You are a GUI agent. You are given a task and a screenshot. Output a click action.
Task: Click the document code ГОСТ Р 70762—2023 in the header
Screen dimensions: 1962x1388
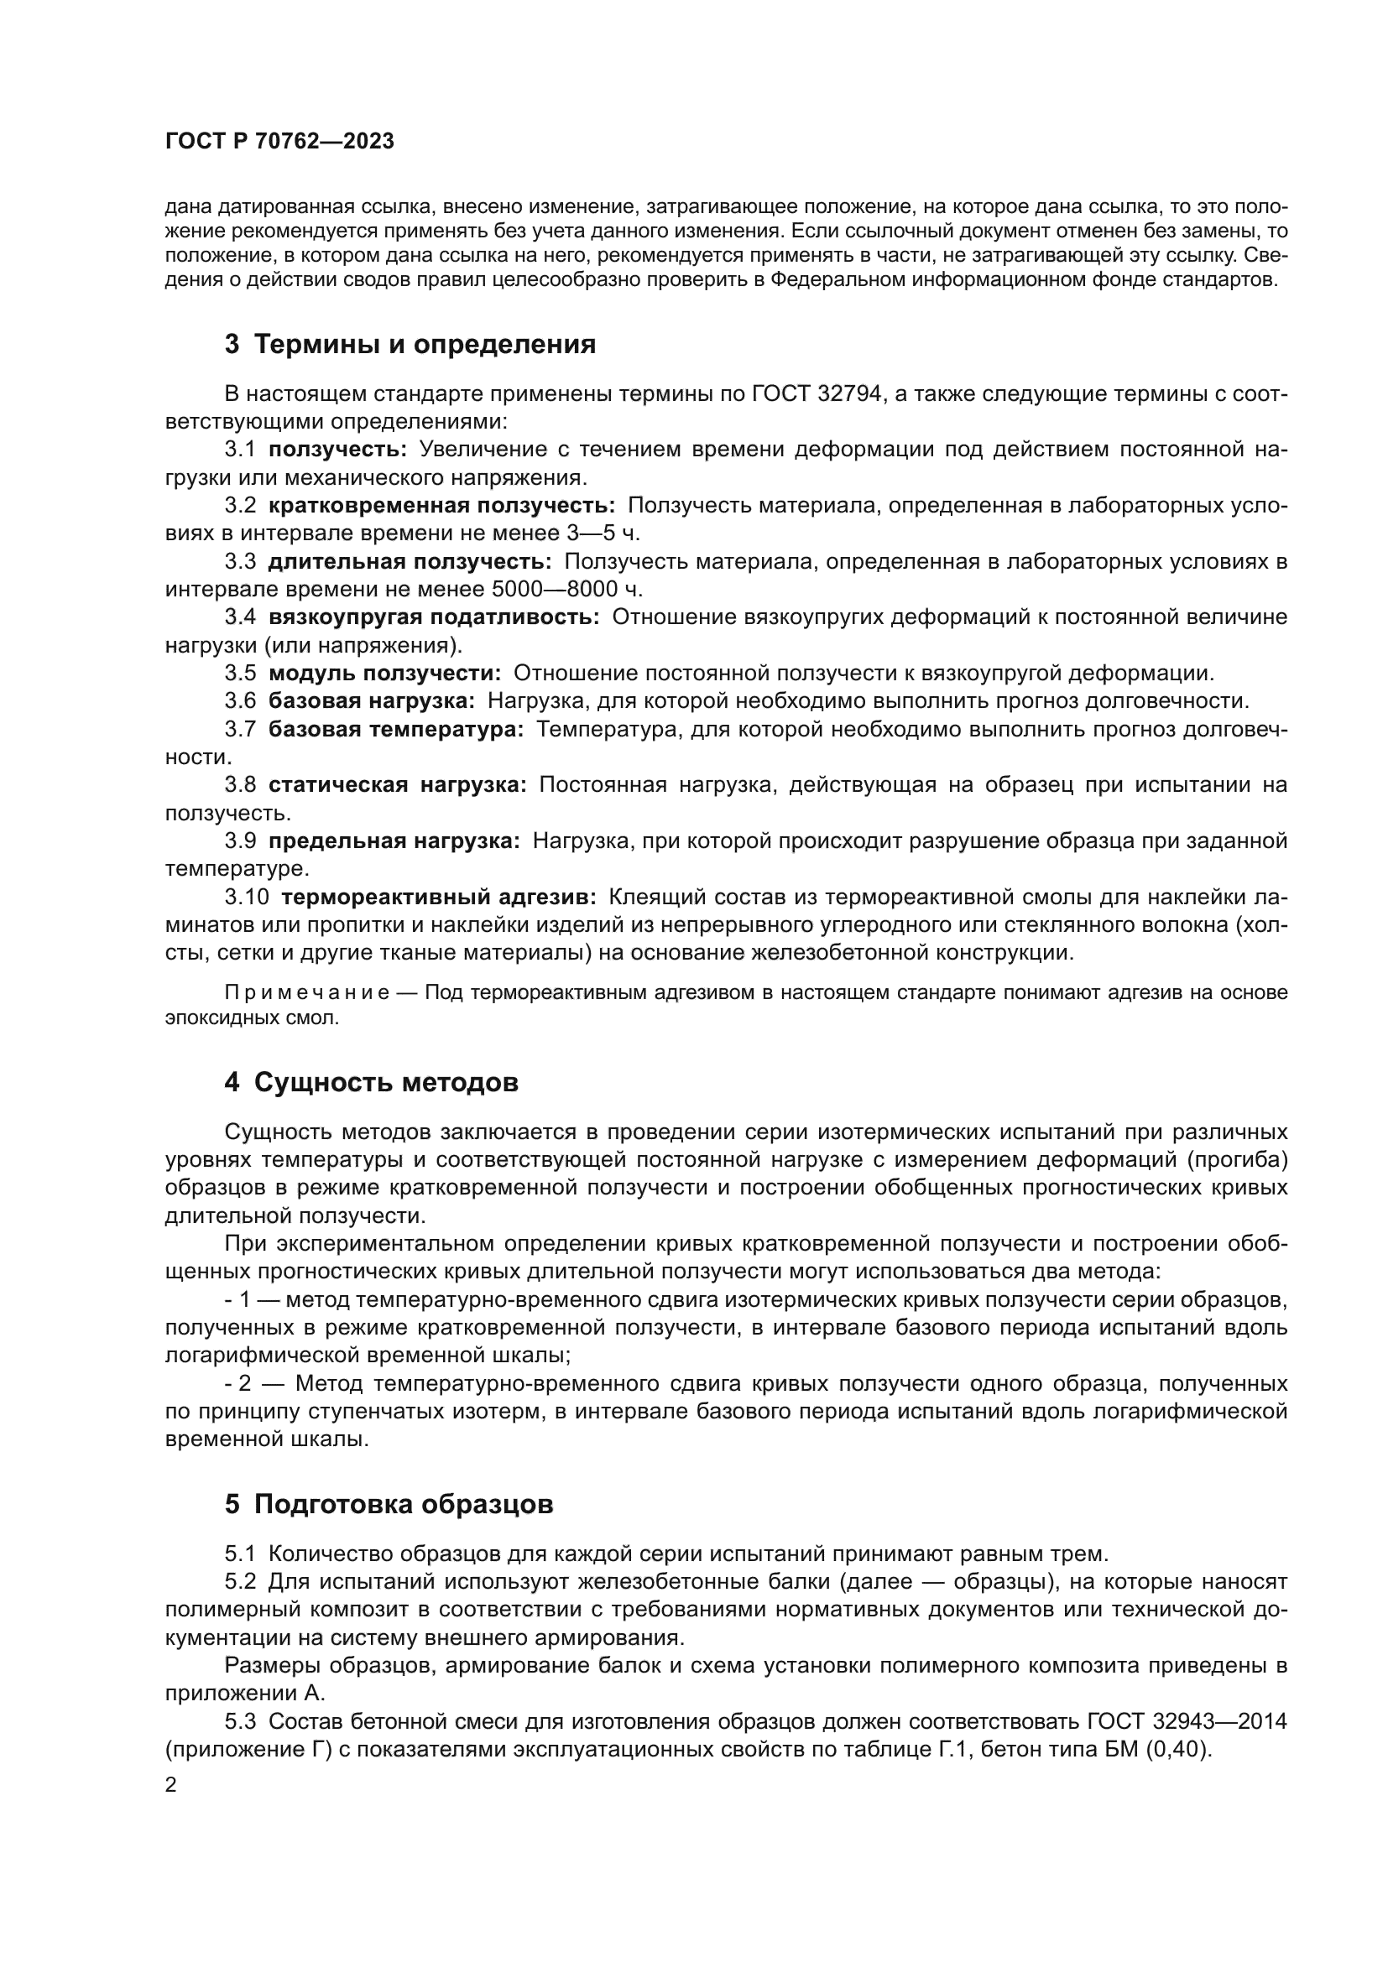[x=279, y=142]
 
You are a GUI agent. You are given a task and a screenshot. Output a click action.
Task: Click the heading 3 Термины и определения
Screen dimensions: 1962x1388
[x=410, y=345]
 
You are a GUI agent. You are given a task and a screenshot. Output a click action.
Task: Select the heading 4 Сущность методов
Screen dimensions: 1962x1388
[x=371, y=1083]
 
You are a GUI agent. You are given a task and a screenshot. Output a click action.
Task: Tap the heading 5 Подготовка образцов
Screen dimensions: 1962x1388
[x=389, y=1504]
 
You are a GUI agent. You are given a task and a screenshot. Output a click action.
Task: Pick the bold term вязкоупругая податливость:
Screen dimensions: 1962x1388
[x=434, y=617]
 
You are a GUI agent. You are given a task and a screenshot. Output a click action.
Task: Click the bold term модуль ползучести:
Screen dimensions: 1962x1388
[x=384, y=674]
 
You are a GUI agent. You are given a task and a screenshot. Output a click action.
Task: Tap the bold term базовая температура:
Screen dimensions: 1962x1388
[x=396, y=729]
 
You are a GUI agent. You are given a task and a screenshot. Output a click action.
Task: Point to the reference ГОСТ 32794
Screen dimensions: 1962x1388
[x=817, y=394]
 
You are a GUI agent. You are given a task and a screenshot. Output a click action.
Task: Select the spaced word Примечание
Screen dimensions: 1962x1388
[x=307, y=992]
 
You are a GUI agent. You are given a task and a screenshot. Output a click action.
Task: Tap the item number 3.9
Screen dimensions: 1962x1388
[x=240, y=840]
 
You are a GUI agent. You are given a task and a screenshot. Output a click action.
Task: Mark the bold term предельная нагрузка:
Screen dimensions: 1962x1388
[x=394, y=840]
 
